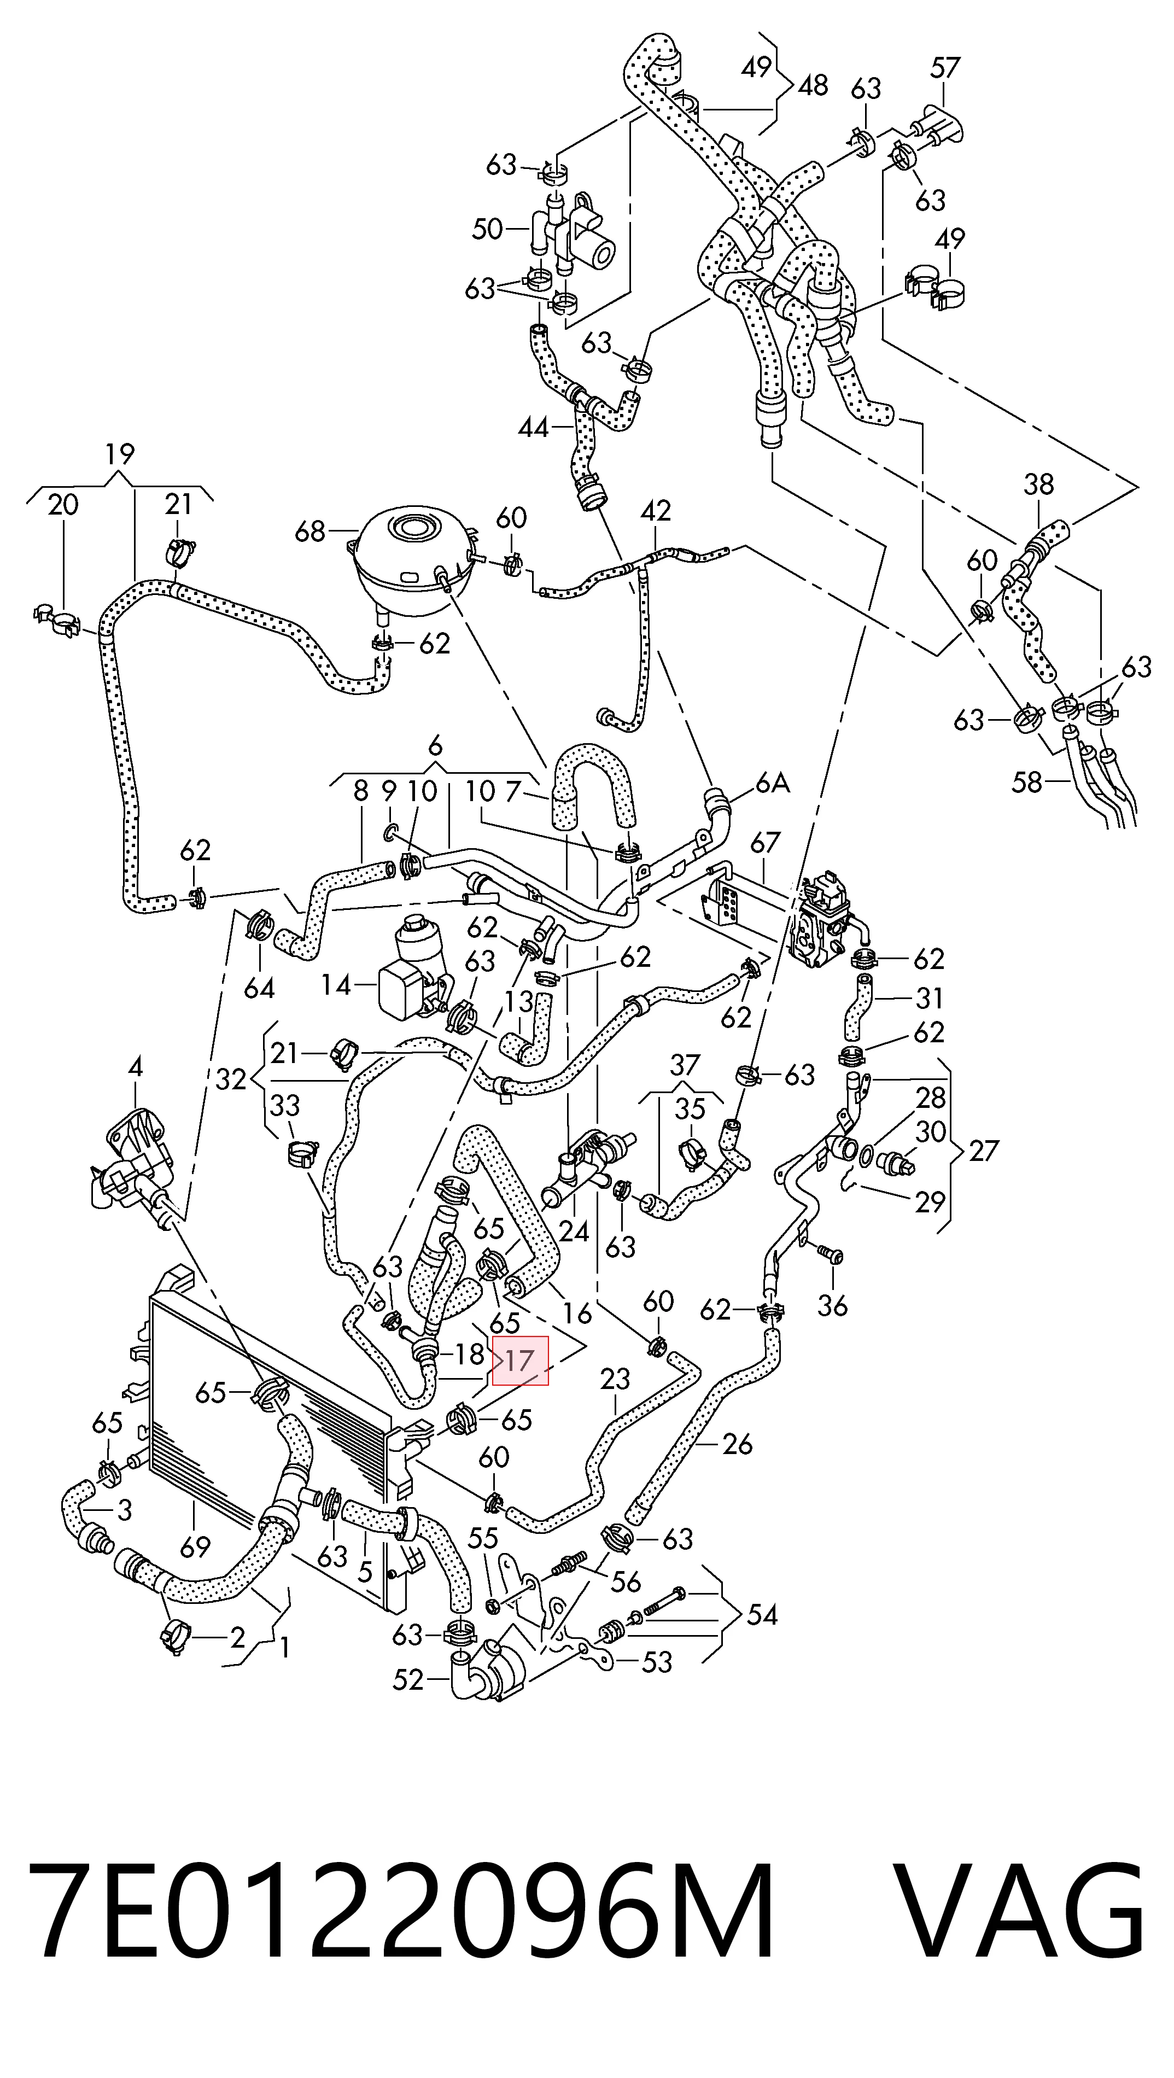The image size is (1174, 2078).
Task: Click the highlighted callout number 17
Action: (x=521, y=1361)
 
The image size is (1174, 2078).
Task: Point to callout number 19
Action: (x=119, y=455)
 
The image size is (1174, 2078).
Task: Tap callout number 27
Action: (x=983, y=1151)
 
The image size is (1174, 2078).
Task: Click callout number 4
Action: (x=136, y=1068)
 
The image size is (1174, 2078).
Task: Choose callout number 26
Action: (x=737, y=1444)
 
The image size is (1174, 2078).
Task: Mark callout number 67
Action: (x=765, y=843)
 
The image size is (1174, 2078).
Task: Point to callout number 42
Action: (x=656, y=511)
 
